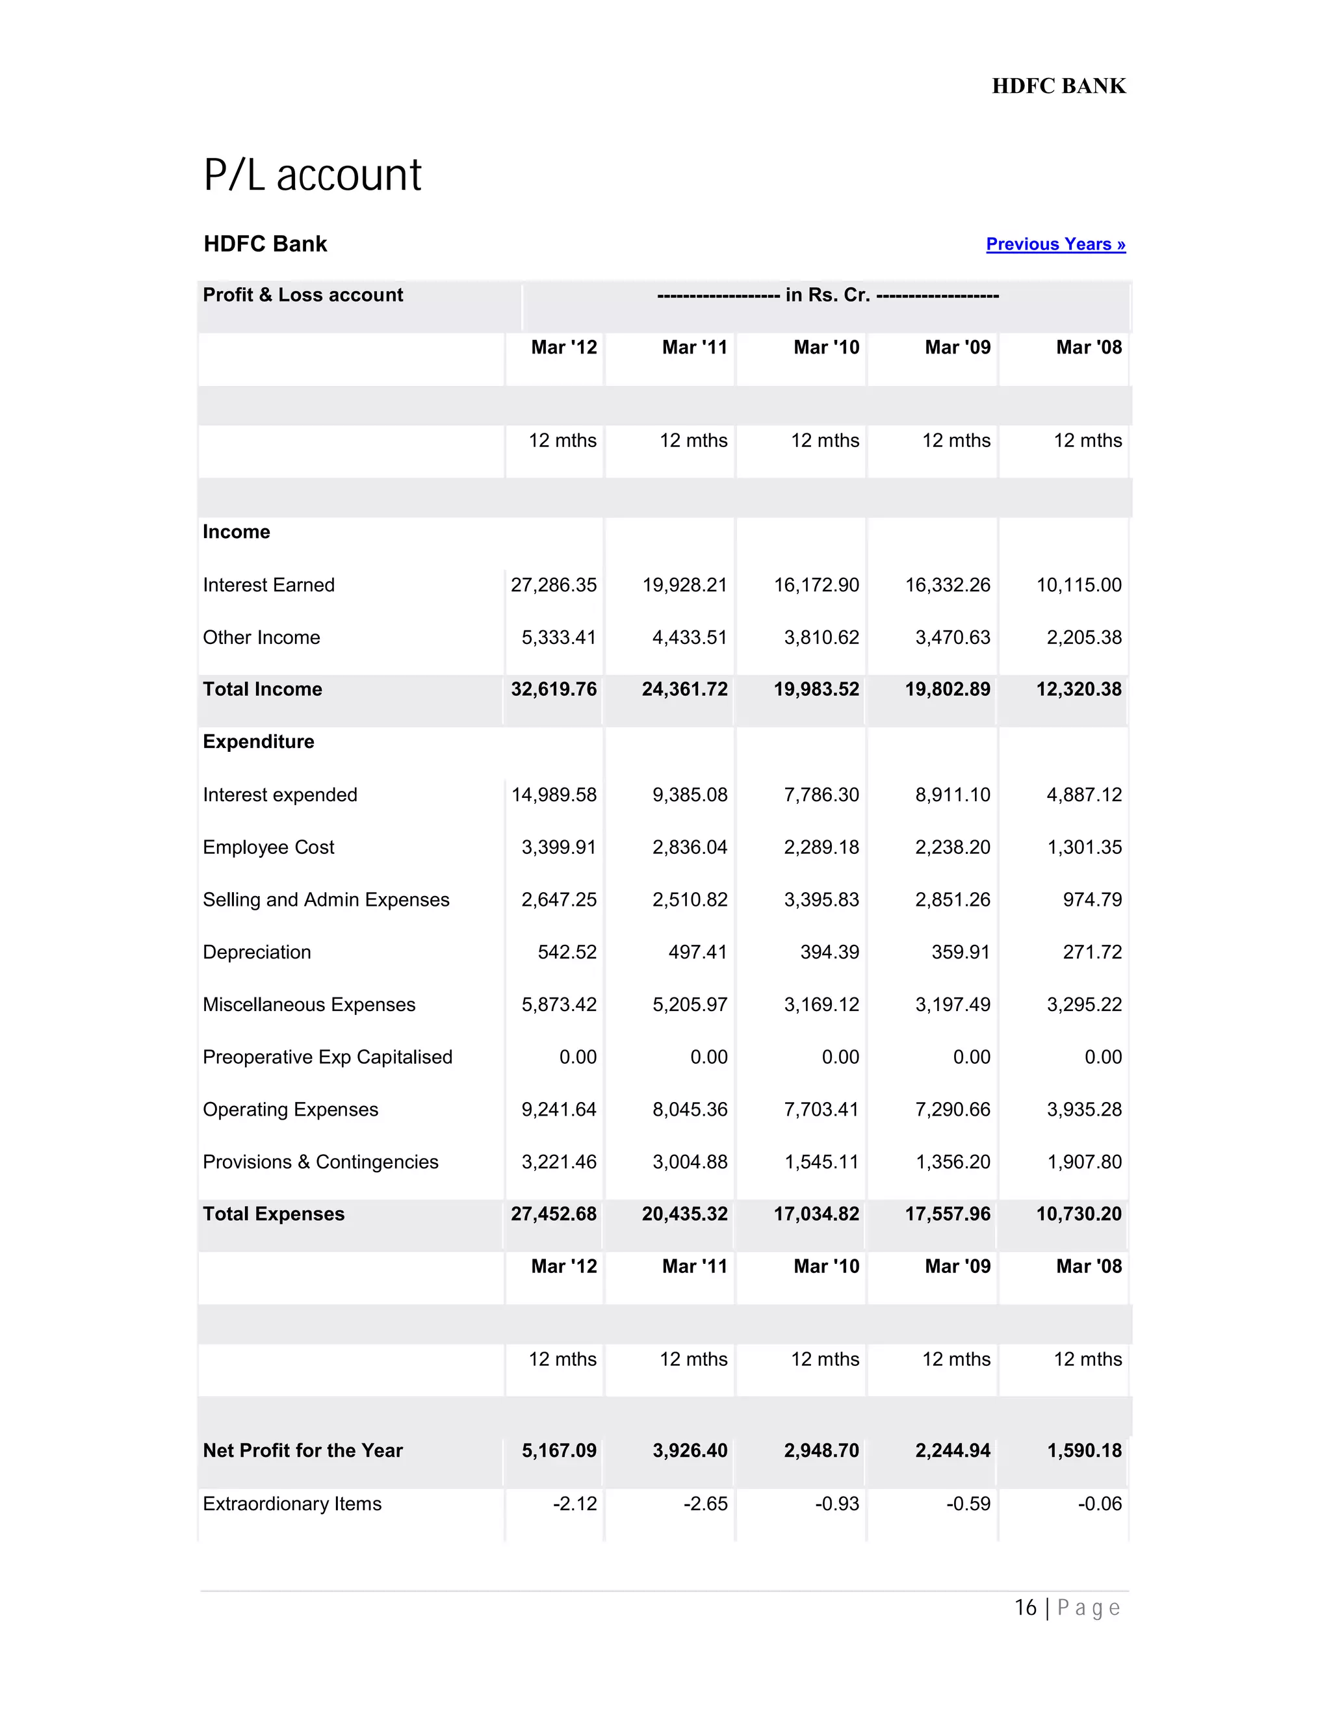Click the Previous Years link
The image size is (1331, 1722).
coord(1055,244)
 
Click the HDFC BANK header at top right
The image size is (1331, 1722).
coord(1058,86)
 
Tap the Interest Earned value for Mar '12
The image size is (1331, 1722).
coord(554,585)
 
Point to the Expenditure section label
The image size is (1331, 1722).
coord(259,742)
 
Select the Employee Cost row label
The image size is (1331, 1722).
coord(269,847)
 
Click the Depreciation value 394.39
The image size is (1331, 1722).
coord(829,953)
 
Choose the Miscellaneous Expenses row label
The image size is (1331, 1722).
coord(309,1005)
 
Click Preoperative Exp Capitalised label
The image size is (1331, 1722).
coord(328,1057)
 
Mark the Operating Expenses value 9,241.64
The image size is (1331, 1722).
coord(558,1109)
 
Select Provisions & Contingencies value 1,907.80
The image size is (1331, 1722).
coord(1083,1163)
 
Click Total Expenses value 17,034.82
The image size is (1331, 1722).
coord(816,1214)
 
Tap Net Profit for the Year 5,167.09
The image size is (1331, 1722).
coord(558,1451)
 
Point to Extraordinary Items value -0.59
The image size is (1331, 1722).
coord(968,1504)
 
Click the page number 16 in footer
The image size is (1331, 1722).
coord(1025,1608)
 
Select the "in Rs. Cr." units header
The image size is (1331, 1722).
coord(828,296)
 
